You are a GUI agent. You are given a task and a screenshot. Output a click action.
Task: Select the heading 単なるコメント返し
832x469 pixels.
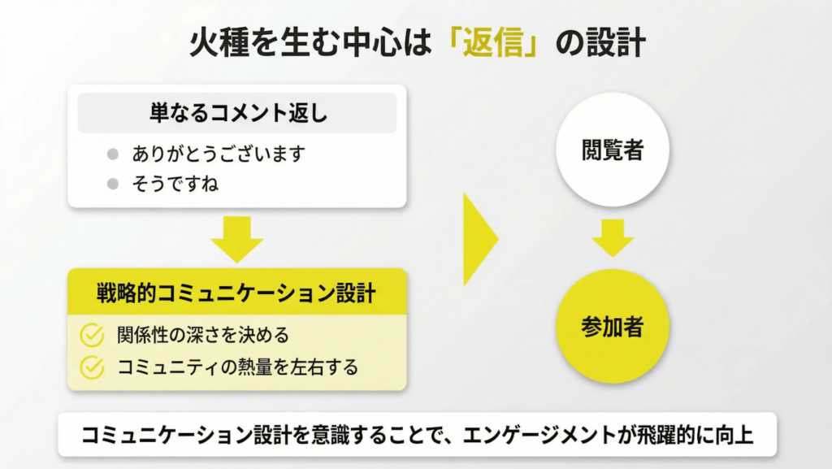pos(238,113)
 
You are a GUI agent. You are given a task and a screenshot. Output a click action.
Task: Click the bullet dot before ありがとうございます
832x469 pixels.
pos(113,154)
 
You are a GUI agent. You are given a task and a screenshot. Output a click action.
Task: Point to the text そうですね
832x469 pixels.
pos(175,184)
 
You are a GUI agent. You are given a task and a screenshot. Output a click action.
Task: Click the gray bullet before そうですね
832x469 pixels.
pos(113,184)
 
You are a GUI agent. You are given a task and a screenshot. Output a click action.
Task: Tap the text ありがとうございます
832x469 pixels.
pos(218,154)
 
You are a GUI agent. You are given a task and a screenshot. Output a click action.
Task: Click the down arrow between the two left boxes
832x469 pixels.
pos(236,238)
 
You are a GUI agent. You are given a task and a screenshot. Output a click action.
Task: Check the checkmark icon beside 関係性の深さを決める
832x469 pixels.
pos(92,335)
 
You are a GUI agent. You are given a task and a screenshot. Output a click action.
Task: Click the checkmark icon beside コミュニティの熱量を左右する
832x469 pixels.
pos(92,367)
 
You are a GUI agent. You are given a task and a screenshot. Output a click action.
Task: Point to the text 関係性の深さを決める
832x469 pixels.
pos(202,335)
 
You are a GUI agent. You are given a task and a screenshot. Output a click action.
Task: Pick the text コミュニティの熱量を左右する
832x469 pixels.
pos(237,367)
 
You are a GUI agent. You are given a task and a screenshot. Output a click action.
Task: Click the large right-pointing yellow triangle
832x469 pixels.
pos(479,239)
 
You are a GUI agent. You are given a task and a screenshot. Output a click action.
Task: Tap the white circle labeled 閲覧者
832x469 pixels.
pos(613,150)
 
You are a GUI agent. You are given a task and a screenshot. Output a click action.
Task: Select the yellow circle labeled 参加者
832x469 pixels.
pos(613,327)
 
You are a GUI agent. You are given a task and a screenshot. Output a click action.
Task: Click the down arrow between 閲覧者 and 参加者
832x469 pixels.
pos(613,237)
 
